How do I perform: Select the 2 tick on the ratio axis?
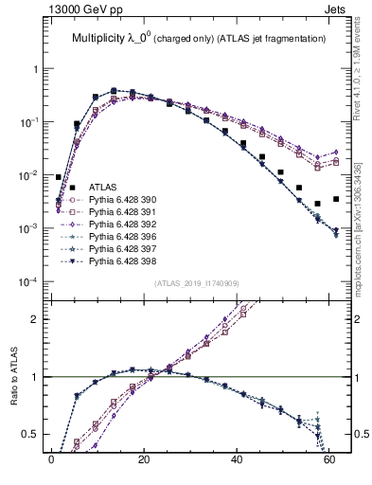[35, 319]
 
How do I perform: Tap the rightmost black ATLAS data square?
[336, 199]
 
